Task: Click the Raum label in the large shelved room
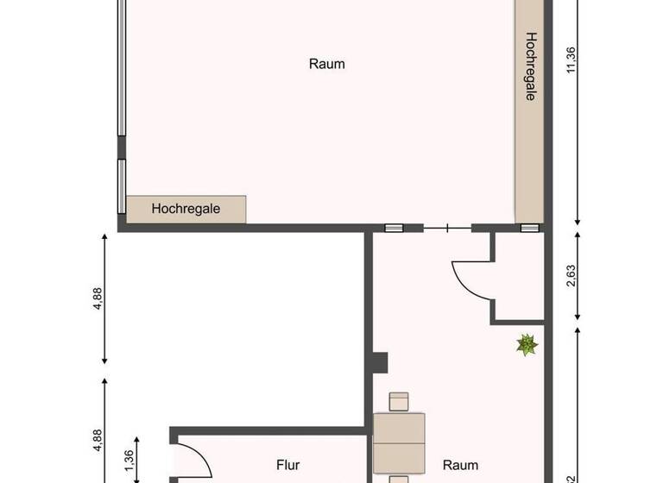tap(327, 64)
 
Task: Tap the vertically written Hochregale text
tap(531, 67)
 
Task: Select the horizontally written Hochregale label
tap(186, 208)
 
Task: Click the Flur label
tap(288, 465)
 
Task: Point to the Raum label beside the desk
tap(460, 465)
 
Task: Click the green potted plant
tap(527, 345)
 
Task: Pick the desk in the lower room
tap(399, 442)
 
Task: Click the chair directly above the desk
tap(399, 401)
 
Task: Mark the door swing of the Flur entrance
tap(193, 459)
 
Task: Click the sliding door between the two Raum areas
tap(447, 229)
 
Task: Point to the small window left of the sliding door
tap(394, 229)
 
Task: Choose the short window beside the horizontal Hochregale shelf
tap(122, 185)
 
